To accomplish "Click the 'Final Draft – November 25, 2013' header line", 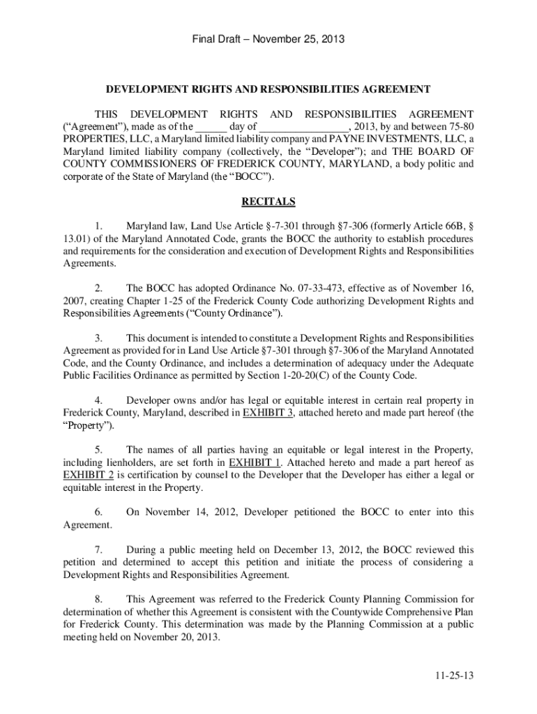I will click(x=268, y=39).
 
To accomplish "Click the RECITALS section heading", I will click(x=268, y=202).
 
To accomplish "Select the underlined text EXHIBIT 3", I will click(x=268, y=413).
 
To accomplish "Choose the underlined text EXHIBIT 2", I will click(x=85, y=475).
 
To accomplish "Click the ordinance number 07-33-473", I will click(x=316, y=287).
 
